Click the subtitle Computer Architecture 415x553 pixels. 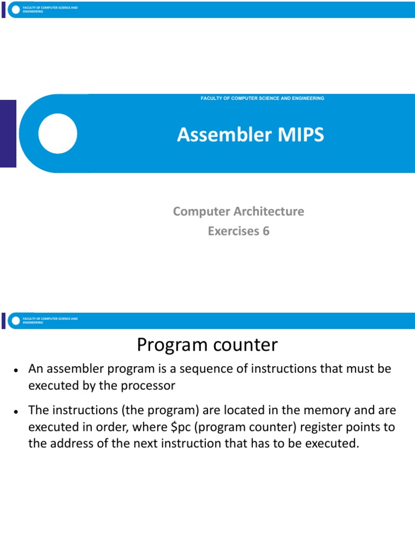click(x=238, y=211)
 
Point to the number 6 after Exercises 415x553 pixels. click(x=265, y=232)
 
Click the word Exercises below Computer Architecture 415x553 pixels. click(x=233, y=232)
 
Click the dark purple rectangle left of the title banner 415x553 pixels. click(x=8, y=133)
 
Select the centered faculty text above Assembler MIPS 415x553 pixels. click(x=262, y=98)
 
